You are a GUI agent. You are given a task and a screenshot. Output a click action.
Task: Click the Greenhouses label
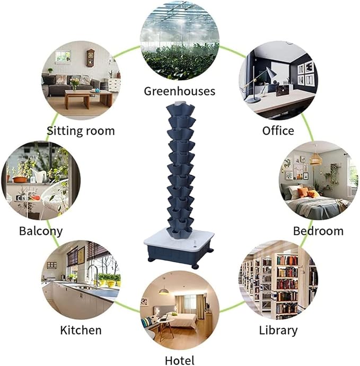pos(179,91)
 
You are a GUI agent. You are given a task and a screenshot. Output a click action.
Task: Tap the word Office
pos(278,130)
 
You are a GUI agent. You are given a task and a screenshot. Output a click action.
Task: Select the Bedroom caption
pos(318,231)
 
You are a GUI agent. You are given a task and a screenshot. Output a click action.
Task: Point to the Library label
pos(278,331)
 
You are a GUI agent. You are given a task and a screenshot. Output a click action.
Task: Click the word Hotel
pos(179,360)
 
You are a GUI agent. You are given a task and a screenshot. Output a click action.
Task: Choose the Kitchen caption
pos(81,331)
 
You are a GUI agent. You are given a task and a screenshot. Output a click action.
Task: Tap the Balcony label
pos(41,231)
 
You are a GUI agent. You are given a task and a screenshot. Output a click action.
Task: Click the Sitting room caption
pos(81,131)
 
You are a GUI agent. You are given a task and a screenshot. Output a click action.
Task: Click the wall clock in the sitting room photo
pos(91,58)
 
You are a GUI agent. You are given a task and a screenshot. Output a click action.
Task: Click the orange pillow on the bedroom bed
pos(304,192)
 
